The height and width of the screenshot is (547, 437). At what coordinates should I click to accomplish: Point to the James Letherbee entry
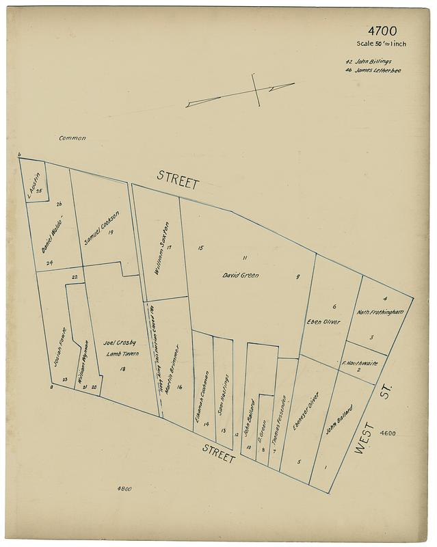373,70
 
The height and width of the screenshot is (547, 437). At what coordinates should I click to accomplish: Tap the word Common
72,138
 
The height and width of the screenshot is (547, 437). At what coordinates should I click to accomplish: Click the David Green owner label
241,276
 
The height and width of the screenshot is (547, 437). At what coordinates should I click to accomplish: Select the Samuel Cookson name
102,228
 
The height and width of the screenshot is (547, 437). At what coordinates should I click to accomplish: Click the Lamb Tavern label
123,353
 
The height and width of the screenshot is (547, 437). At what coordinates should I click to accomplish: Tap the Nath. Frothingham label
381,312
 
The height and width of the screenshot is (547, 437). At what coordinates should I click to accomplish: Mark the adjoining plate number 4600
387,433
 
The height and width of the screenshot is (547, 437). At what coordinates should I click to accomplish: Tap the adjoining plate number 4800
124,489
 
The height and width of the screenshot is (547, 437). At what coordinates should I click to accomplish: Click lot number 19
109,234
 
